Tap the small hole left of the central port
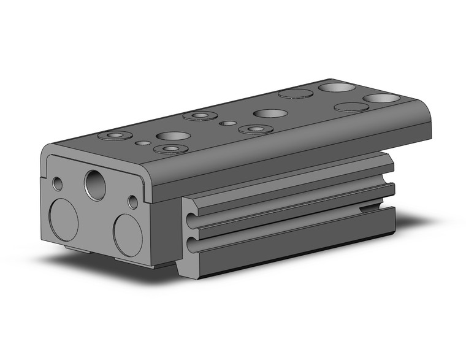(58, 183)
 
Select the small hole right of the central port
(132, 201)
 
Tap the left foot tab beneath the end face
(78, 248)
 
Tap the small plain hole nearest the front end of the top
(142, 143)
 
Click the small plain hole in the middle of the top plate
(227, 123)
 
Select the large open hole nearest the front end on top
(172, 136)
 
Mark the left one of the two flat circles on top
(294, 94)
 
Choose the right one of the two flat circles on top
(351, 107)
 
